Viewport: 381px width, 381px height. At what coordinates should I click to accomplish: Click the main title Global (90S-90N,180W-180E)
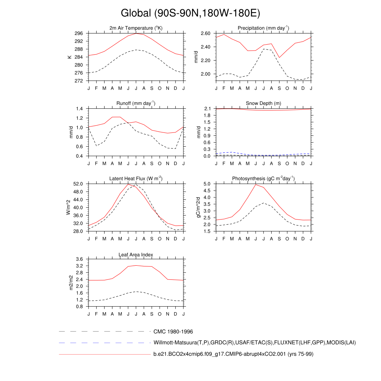(190, 13)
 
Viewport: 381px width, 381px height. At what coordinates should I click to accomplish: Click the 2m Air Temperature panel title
(136, 28)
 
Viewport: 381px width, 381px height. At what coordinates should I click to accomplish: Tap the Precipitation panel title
(263, 28)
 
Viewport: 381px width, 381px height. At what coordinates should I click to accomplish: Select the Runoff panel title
(136, 103)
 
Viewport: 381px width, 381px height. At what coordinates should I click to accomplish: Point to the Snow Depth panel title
(263, 103)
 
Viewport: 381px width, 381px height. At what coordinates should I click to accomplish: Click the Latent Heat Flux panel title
(136, 179)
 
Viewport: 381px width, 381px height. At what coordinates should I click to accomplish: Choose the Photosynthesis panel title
(263, 179)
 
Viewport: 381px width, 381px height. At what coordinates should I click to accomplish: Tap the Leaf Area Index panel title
(136, 254)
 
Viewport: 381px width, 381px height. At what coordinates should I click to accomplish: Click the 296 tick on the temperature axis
(79, 33)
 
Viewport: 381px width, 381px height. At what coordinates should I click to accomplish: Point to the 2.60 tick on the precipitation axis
(206, 33)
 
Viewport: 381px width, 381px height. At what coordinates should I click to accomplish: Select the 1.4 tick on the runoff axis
(79, 109)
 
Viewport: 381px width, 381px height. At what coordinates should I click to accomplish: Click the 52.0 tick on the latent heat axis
(79, 184)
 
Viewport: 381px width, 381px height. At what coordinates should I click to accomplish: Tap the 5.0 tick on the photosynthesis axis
(208, 184)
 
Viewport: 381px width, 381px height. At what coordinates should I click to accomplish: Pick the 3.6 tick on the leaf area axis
(79, 259)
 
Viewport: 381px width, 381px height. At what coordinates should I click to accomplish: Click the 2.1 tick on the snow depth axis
(208, 109)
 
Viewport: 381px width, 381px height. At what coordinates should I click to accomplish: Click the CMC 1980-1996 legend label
(173, 332)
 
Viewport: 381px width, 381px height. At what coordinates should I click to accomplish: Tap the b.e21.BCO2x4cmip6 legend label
(233, 354)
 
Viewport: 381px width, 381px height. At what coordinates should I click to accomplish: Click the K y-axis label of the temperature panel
(69, 57)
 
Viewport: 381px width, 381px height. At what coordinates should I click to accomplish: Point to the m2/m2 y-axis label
(69, 282)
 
